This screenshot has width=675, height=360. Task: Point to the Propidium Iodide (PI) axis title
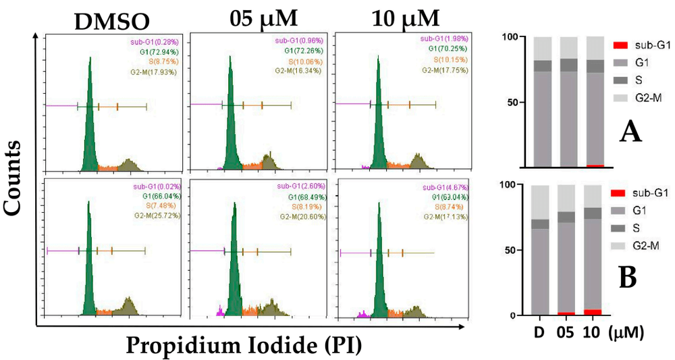click(244, 344)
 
